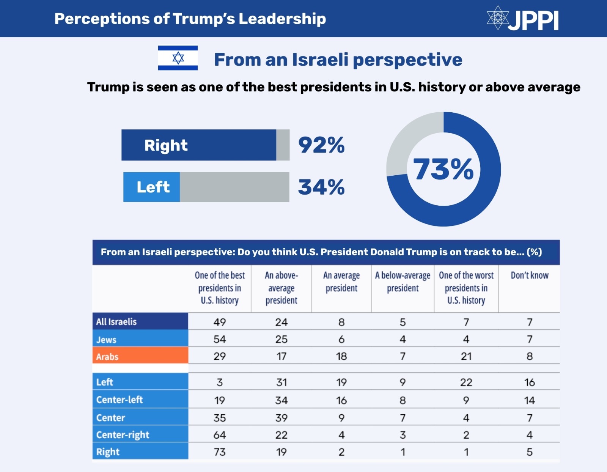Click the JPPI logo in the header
click(523, 19)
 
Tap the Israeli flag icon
click(178, 58)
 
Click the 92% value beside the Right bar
click(321, 145)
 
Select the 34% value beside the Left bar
click(321, 187)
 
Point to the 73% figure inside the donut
click(443, 169)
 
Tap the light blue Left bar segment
click(152, 187)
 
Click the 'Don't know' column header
click(529, 275)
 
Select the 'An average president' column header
click(341, 282)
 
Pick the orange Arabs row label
click(140, 356)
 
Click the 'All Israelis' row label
click(140, 321)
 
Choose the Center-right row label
click(140, 434)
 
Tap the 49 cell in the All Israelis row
click(220, 322)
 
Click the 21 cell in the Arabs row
click(466, 356)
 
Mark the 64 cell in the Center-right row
click(220, 435)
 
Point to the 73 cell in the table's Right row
click(220, 452)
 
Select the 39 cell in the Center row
click(281, 418)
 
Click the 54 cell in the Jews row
click(220, 339)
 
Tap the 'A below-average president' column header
click(403, 282)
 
